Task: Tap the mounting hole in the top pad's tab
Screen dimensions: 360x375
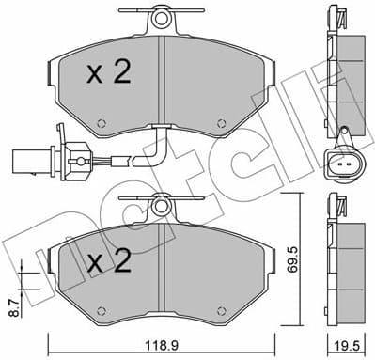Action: click(x=162, y=17)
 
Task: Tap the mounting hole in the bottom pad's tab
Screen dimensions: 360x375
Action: click(x=162, y=204)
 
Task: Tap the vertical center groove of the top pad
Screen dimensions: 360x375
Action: click(x=162, y=85)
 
